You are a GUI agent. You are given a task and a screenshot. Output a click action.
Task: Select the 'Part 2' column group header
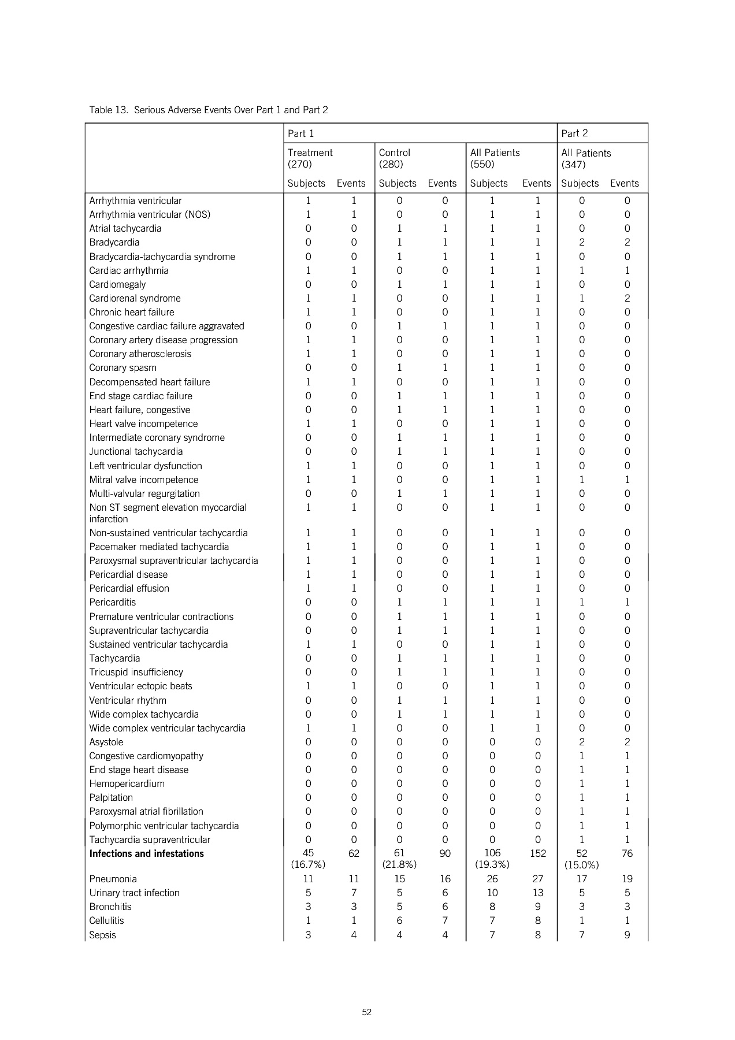click(574, 133)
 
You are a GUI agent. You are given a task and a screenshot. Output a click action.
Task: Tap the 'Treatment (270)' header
click(310, 158)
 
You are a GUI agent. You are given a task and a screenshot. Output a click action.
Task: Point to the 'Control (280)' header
click(394, 158)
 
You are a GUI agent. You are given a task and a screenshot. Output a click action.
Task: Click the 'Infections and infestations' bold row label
click(146, 853)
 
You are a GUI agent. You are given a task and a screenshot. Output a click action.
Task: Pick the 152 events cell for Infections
click(537, 853)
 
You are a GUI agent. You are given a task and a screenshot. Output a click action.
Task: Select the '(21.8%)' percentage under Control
click(399, 865)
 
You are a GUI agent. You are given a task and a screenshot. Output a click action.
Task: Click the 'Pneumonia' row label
click(113, 879)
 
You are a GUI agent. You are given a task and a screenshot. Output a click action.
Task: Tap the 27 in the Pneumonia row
click(537, 879)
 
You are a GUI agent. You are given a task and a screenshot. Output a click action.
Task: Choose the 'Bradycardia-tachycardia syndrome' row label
click(162, 257)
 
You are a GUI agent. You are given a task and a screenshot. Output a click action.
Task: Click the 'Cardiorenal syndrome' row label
click(135, 298)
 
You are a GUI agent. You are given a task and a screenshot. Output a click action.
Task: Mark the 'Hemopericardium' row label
click(127, 783)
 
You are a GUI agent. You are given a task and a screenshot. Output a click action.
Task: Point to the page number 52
click(366, 1012)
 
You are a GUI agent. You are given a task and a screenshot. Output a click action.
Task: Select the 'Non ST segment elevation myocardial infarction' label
click(168, 513)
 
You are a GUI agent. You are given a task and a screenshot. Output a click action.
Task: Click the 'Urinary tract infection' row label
click(134, 893)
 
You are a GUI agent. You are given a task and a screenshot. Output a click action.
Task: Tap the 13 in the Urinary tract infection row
click(537, 893)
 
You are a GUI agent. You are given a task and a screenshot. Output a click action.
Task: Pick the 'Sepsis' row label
click(102, 935)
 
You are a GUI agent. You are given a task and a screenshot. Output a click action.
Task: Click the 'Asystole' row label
click(106, 742)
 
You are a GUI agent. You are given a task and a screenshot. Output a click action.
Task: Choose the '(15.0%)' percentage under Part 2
click(581, 865)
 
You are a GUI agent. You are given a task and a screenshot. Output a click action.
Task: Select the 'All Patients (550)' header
click(495, 158)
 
